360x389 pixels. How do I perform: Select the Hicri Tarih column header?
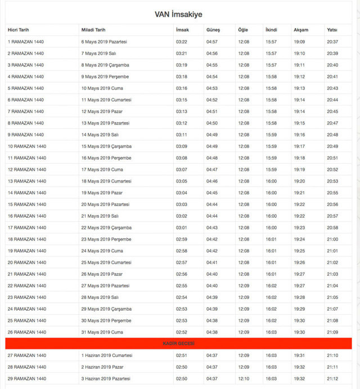18,30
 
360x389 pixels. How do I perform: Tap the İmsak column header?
182,30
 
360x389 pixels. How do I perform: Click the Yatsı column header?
332,30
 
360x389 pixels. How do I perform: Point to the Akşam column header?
300,30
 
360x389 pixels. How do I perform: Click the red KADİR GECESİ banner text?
178,343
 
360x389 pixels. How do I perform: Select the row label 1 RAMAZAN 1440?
25,42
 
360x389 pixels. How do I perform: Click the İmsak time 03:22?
182,42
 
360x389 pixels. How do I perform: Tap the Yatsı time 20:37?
332,42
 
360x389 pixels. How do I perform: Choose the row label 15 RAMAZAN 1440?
26,204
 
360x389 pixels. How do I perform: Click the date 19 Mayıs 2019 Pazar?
102,193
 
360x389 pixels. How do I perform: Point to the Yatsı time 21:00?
332,239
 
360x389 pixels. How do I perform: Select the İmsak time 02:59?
182,239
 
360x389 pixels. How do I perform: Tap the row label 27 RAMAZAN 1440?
26,355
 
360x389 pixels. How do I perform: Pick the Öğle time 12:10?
244,378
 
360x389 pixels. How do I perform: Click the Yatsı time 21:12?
332,378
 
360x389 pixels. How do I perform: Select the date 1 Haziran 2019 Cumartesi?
107,355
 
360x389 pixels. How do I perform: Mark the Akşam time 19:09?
299,42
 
